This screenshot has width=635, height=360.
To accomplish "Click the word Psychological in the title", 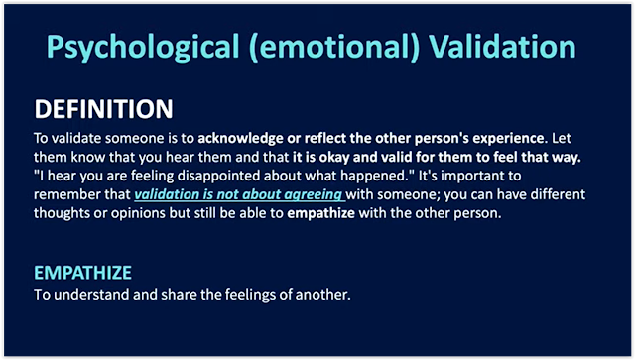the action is tap(143, 48).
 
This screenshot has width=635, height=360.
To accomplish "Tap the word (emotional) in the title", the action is tap(334, 48).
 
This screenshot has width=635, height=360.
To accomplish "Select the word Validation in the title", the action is tap(502, 46).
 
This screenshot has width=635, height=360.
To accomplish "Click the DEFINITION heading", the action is tap(103, 109).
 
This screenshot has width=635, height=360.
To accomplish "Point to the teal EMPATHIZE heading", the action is tap(82, 273).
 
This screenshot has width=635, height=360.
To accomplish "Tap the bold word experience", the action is tap(508, 139).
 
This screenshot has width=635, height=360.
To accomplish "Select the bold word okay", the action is tap(334, 157).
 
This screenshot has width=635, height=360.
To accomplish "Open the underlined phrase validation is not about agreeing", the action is tap(239, 194).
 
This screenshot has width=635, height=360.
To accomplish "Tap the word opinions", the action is tap(138, 214).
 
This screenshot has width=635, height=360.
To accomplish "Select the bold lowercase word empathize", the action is tap(320, 214).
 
